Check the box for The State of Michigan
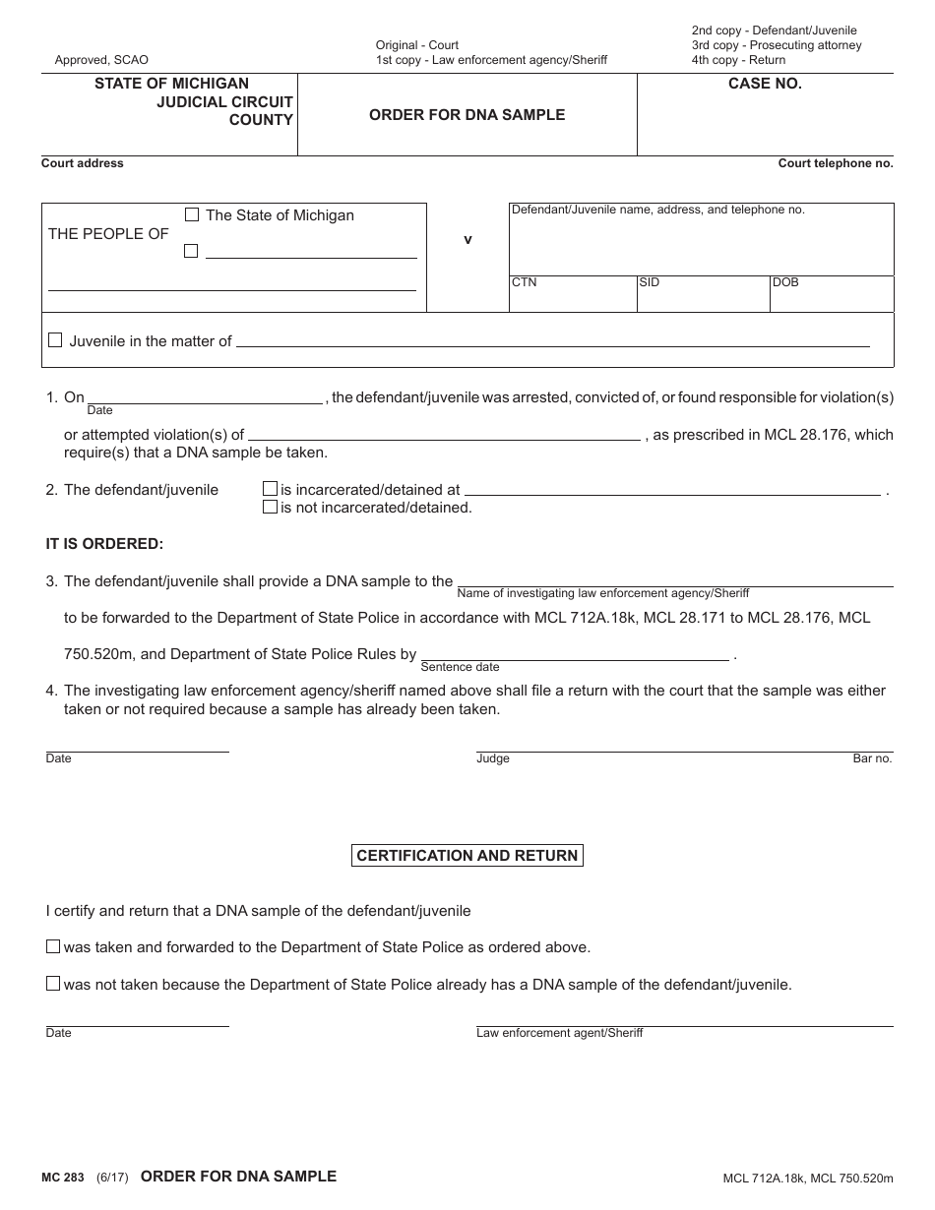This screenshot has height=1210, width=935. pos(192,214)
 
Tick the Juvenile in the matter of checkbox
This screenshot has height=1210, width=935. pos(56,340)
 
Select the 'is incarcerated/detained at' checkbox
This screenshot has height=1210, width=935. pos(269,488)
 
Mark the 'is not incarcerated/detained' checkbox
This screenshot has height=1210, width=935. pos(269,507)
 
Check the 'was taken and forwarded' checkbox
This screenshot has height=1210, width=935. pos(53,946)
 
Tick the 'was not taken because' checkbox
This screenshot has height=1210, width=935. pos(53,983)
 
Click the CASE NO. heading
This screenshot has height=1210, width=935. pos(765,84)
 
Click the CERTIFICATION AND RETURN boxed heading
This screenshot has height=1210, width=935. pos(467,856)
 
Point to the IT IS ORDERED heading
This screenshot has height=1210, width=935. pos(104,543)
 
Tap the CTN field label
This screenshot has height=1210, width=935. pos(524,282)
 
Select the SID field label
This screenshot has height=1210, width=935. pos(649,282)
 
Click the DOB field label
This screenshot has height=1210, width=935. pos(785,282)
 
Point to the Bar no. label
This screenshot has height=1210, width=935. pos(872,758)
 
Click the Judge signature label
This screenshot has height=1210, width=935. pos(493,758)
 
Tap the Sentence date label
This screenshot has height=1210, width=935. pos(460,667)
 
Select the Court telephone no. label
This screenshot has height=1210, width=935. pos(836,163)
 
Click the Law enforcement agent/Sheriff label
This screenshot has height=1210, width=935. pos(559,1033)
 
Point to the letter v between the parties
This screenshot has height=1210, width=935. pos(467,239)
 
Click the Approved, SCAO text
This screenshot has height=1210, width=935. pos(101,60)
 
